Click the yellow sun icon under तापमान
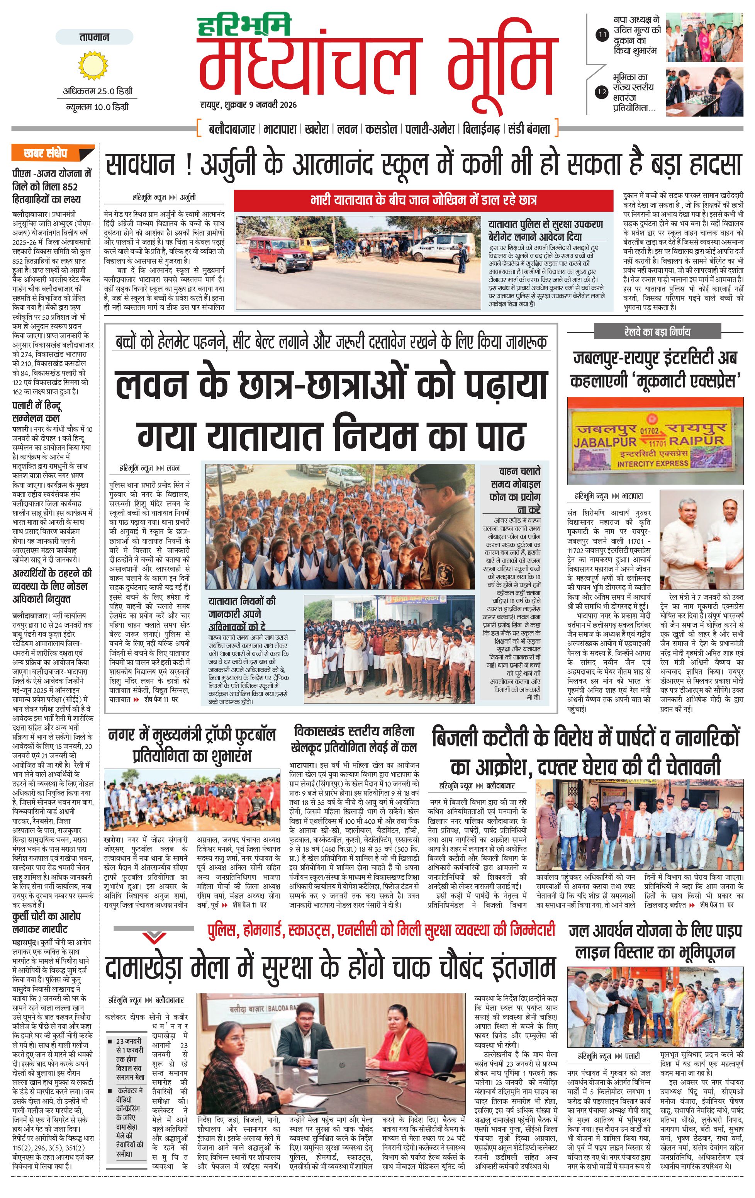pyautogui.click(x=93, y=66)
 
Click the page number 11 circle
pyautogui.click(x=602, y=35)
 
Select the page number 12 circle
pyautogui.click(x=602, y=92)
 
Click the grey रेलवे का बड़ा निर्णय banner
pyautogui.click(x=657, y=332)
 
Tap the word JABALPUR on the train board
pyautogui.click(x=605, y=442)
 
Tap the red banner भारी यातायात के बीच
pyautogui.click(x=423, y=200)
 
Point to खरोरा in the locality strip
pyautogui.click(x=316, y=129)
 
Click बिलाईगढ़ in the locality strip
pyautogui.click(x=480, y=129)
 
